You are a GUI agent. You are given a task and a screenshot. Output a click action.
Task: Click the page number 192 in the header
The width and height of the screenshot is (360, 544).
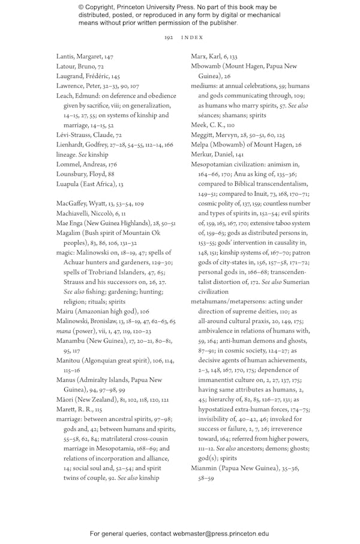point(169,37)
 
